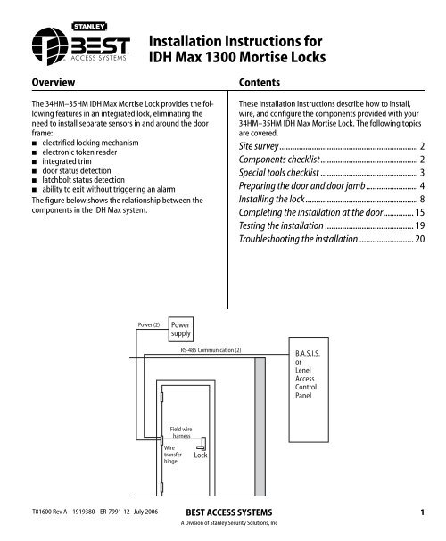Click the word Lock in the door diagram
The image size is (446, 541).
[x=201, y=455]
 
